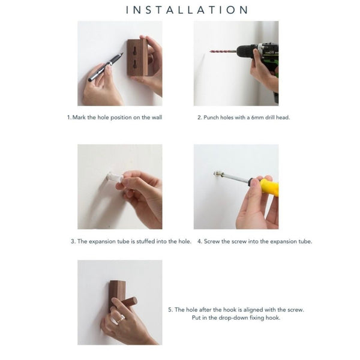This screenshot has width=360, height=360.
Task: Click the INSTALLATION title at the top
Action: pyautogui.click(x=187, y=10)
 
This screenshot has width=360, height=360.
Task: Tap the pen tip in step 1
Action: pyautogui.click(x=122, y=54)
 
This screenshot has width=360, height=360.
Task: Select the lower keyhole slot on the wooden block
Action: pyautogui.click(x=134, y=65)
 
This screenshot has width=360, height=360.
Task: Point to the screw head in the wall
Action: pyautogui.click(x=217, y=173)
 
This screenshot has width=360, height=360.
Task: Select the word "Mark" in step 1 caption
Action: pyautogui.click(x=79, y=118)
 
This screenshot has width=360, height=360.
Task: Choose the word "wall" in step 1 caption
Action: pyautogui.click(x=157, y=118)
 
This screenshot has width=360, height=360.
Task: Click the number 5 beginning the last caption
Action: pyautogui.click(x=170, y=310)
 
